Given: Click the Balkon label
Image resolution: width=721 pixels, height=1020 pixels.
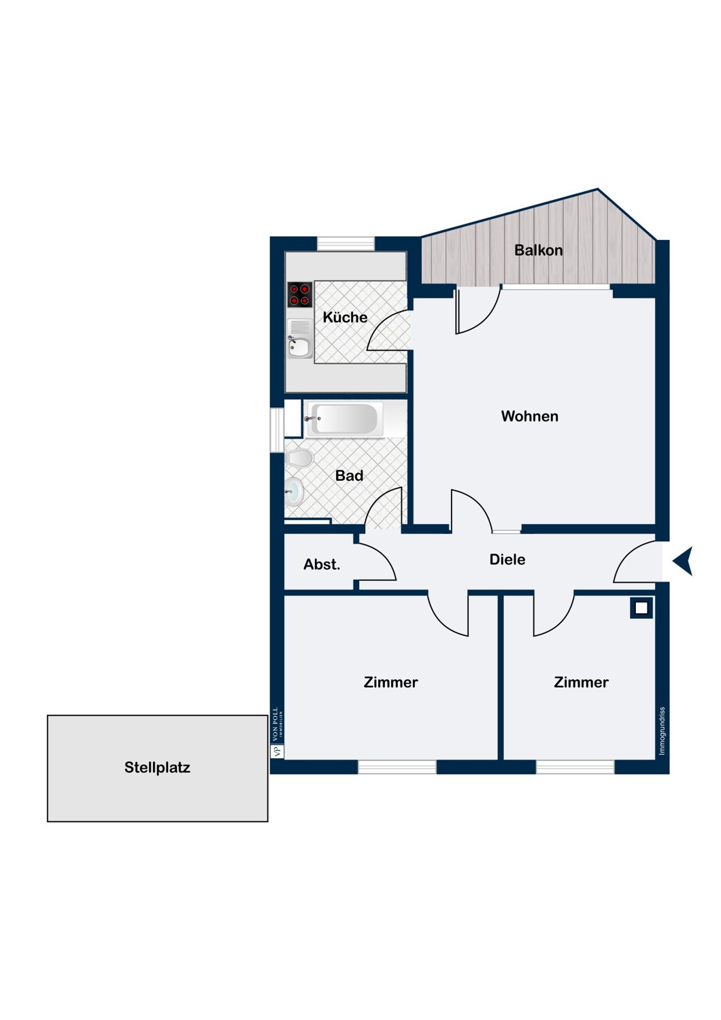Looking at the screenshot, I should click(x=538, y=250).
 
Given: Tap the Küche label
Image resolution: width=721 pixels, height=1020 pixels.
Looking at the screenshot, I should click(x=345, y=318).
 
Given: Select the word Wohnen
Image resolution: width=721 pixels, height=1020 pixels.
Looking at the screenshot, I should click(x=529, y=416).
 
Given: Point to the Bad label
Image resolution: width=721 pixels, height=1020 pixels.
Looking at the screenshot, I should click(x=349, y=476).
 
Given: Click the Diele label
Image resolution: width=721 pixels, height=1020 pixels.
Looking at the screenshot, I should click(x=507, y=560).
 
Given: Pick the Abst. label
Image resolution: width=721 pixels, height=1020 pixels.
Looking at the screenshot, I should click(x=322, y=564).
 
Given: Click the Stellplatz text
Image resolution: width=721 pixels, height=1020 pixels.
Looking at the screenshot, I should click(x=157, y=768).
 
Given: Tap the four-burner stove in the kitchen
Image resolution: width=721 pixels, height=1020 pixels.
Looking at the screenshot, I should click(x=299, y=294).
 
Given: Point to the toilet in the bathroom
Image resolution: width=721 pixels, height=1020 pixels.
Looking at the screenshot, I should click(x=299, y=458).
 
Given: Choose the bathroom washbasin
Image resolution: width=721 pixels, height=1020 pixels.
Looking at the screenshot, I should click(x=294, y=492).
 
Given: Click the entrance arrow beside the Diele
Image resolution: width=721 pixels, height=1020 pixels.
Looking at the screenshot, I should click(x=683, y=562).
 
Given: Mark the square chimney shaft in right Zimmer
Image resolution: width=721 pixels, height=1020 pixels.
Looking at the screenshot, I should click(x=641, y=608).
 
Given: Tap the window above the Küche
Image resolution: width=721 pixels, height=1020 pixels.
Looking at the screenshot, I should click(x=346, y=243).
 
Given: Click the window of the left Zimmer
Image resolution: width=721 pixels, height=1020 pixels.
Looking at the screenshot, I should click(x=397, y=768).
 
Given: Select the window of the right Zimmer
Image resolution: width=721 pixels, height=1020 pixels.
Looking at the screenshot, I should click(x=575, y=768).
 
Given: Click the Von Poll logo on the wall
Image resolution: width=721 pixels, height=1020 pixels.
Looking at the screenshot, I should click(x=277, y=733).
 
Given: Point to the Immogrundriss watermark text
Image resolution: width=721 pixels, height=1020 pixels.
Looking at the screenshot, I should click(x=663, y=731).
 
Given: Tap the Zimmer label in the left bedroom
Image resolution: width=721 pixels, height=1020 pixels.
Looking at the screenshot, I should click(x=390, y=683).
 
